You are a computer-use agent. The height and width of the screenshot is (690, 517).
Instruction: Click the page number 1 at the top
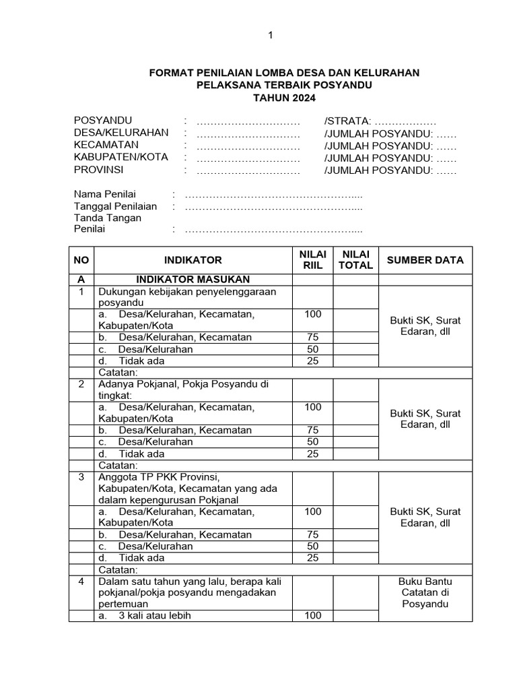270,35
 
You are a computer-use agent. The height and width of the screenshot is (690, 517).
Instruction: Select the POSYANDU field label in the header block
103,121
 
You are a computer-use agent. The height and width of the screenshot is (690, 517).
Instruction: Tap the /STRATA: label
347,121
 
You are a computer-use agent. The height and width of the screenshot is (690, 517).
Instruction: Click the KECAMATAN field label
106,145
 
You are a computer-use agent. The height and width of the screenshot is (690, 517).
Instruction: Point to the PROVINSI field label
98,170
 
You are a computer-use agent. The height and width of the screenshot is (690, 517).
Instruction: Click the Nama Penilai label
104,194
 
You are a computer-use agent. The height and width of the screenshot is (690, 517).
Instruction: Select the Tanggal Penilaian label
115,206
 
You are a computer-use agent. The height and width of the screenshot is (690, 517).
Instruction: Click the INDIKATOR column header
193,260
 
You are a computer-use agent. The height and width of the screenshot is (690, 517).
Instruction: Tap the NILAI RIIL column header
313,259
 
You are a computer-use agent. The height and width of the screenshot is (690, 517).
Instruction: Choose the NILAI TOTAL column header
355,259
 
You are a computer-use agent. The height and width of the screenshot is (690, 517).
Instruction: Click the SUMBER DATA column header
425,260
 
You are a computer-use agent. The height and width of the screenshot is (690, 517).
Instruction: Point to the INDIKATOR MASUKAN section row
193,280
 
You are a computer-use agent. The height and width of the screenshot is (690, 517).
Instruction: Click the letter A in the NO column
81,280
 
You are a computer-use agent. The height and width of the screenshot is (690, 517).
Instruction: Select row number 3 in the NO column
81,477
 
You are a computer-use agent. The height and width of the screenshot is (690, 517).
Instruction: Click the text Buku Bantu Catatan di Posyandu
425,592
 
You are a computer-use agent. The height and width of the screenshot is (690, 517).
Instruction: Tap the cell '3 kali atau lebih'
155,615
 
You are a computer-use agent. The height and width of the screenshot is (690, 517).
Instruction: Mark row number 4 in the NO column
81,581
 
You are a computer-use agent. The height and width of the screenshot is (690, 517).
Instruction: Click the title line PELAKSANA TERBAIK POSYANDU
283,85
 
